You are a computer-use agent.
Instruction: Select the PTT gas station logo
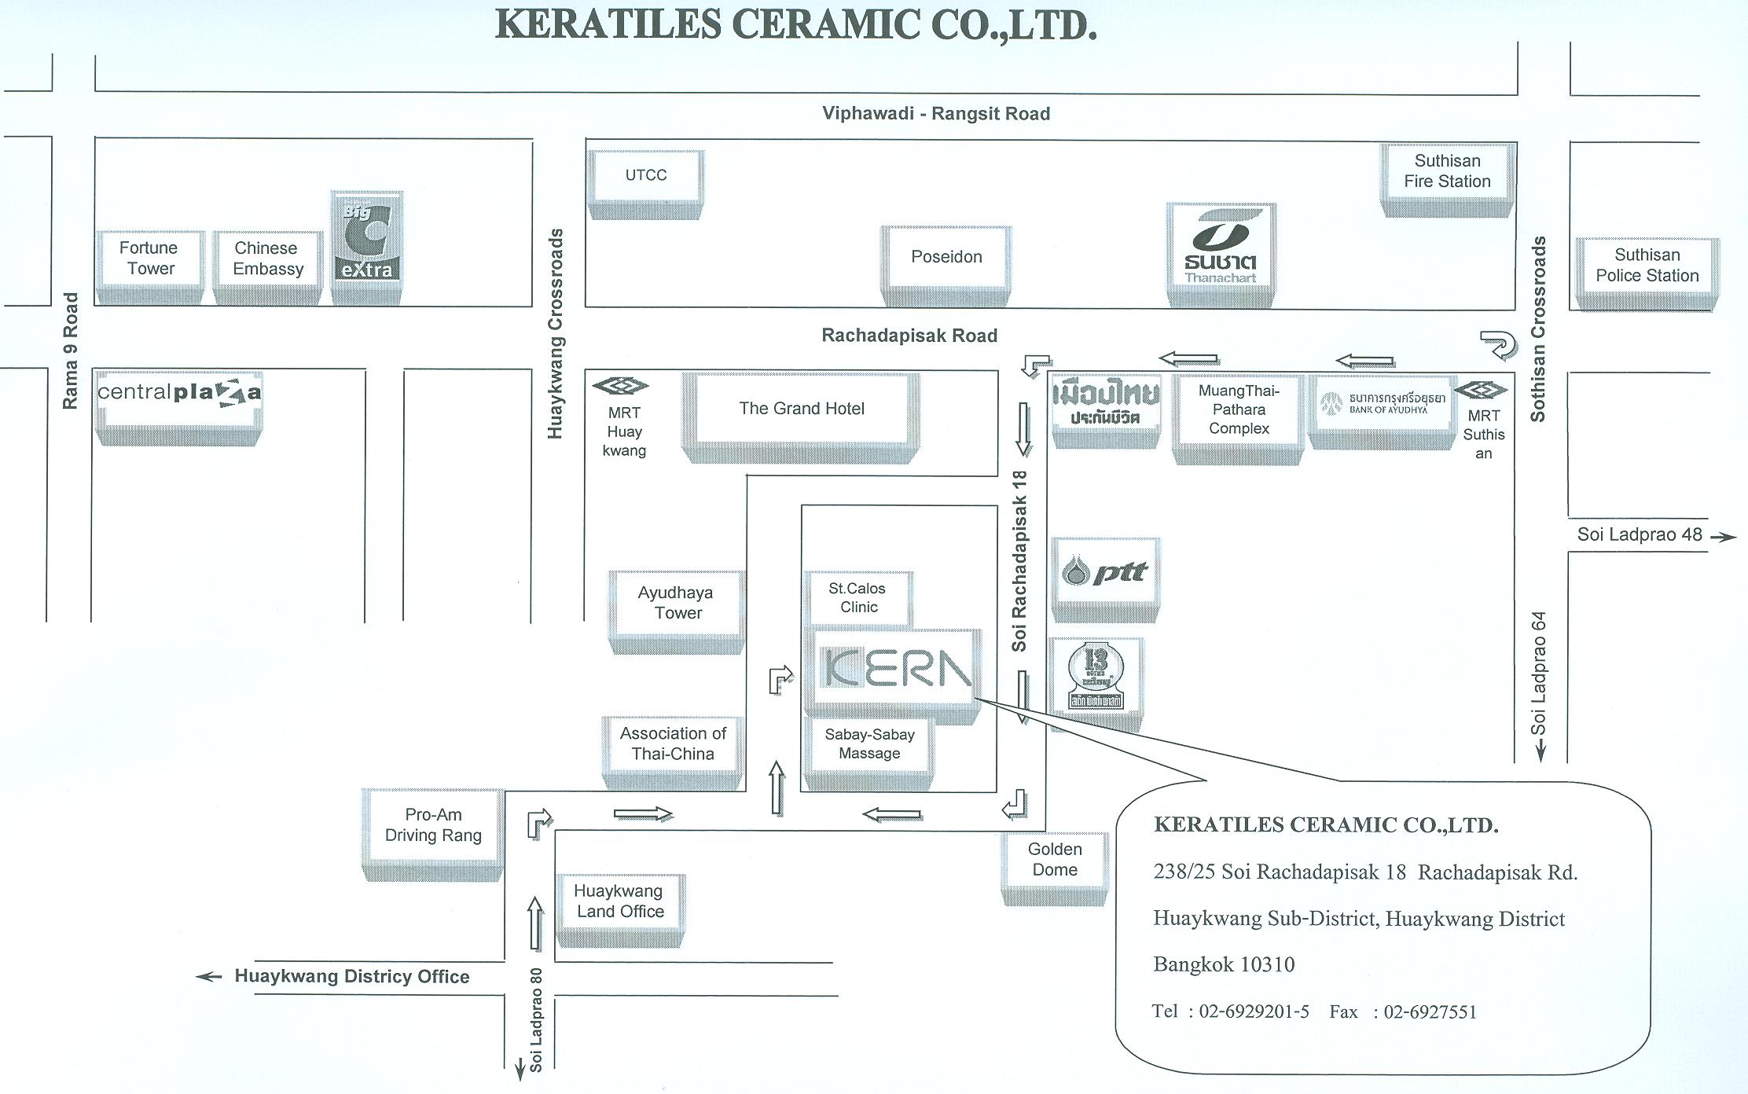tap(1104, 573)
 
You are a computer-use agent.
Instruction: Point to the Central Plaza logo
tap(178, 394)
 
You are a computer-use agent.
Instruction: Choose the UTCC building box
tap(646, 175)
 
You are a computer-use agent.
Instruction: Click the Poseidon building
tap(946, 257)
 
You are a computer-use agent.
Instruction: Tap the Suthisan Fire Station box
tap(1447, 171)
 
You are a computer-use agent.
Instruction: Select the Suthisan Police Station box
tap(1647, 266)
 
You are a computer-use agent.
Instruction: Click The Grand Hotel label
tap(802, 409)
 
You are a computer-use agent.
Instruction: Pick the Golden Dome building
tap(1055, 860)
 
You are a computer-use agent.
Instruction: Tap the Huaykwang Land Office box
tap(620, 901)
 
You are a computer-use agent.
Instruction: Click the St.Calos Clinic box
tap(857, 598)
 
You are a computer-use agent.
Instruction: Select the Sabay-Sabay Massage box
tap(869, 744)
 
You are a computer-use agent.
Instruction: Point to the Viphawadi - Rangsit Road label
tap(936, 114)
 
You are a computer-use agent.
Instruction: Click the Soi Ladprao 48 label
tap(1640, 535)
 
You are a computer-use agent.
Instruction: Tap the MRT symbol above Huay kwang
tap(620, 386)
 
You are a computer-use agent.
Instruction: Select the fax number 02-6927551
tap(1430, 1012)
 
